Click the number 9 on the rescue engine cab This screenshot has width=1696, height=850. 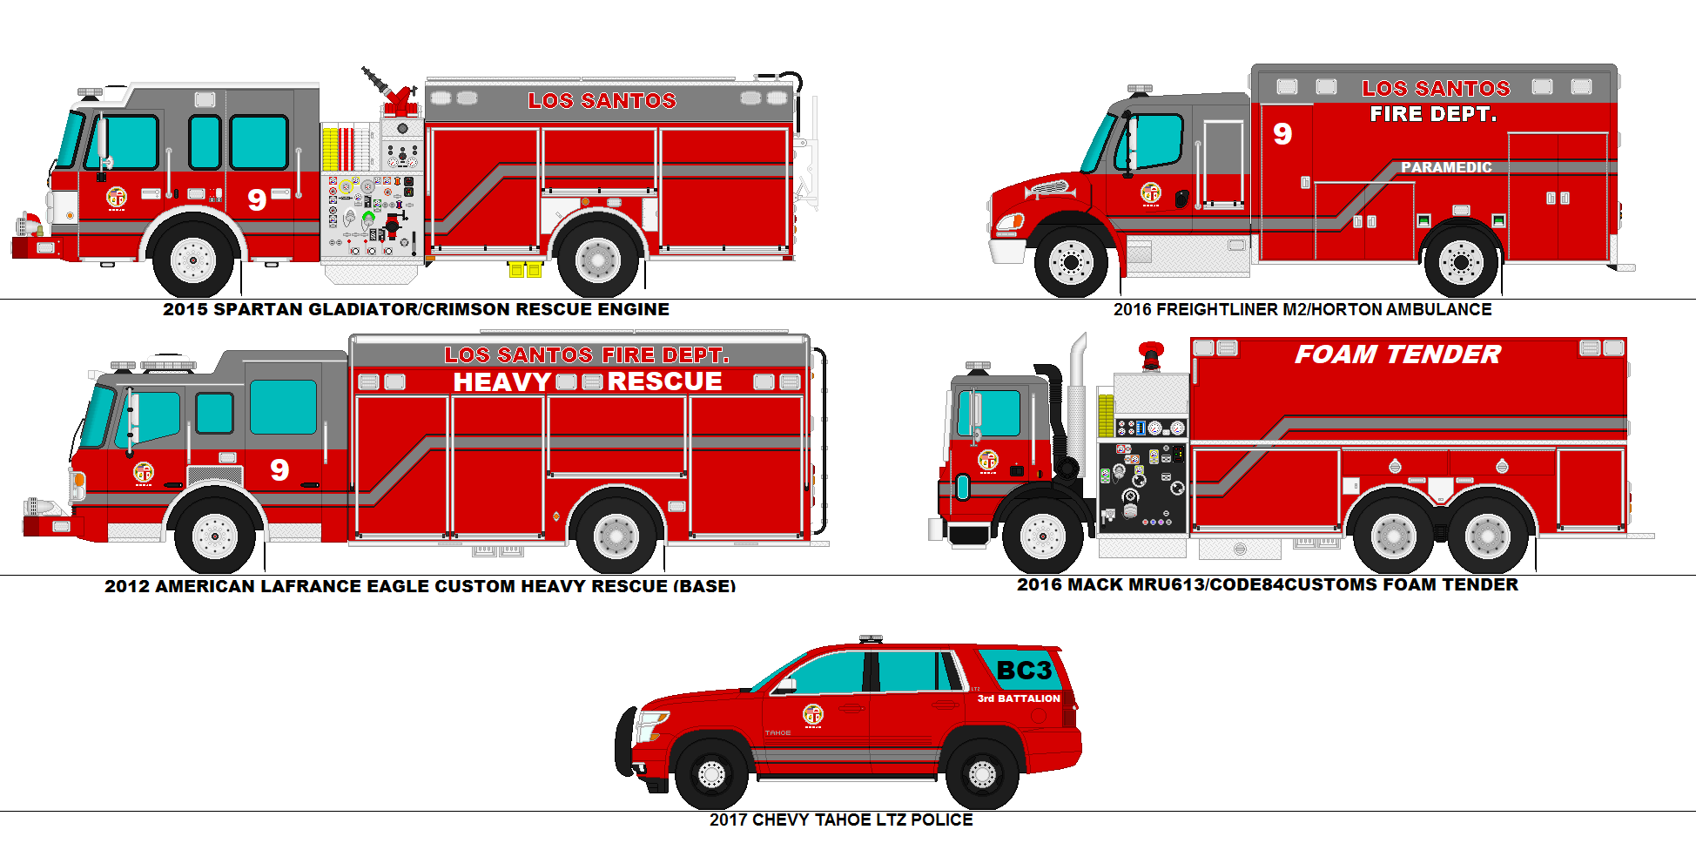(257, 200)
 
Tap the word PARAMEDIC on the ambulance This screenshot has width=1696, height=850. (1445, 167)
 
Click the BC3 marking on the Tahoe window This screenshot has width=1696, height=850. (1024, 671)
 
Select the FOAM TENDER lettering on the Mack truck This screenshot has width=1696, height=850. (1397, 354)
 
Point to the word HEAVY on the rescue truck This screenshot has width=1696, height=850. (501, 382)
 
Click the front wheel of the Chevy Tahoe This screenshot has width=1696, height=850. (711, 773)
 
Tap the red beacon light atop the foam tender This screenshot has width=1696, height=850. (1151, 354)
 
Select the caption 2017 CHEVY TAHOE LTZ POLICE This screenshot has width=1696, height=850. (841, 820)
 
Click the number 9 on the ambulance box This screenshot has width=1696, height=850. (1282, 133)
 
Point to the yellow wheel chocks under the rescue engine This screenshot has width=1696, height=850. (525, 269)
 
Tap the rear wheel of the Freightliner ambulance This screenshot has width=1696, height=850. (1461, 261)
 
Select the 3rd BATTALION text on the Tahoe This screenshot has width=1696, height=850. (1019, 698)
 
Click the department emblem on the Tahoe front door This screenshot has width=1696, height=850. (812, 715)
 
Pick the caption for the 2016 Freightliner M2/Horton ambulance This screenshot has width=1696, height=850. (1302, 310)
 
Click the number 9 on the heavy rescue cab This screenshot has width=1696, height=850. (279, 470)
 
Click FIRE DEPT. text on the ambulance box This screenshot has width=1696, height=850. (1432, 114)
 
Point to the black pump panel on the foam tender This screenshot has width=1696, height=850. (1141, 488)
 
